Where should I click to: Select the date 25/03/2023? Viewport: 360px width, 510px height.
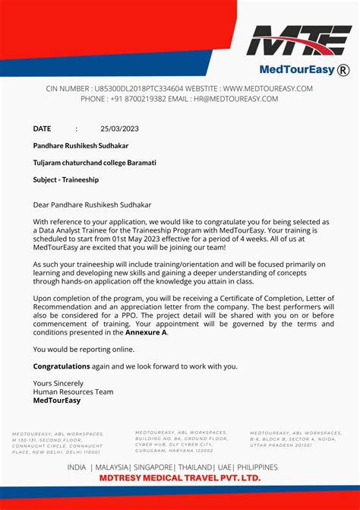tap(121, 128)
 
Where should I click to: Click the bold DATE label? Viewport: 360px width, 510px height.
tap(42, 128)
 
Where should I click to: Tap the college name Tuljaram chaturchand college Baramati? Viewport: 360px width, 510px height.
tap(94, 163)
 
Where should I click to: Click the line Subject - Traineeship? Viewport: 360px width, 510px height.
tap(65, 180)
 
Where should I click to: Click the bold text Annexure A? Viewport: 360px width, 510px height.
tap(147, 332)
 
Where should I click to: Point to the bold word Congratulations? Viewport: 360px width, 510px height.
tap(62, 366)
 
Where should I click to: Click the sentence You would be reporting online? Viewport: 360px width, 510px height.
tap(84, 349)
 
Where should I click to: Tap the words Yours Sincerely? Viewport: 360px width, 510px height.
tap(58, 383)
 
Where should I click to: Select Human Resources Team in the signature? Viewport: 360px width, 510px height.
tap(73, 391)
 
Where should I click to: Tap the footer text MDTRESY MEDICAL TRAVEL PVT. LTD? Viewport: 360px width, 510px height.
tap(180, 478)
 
